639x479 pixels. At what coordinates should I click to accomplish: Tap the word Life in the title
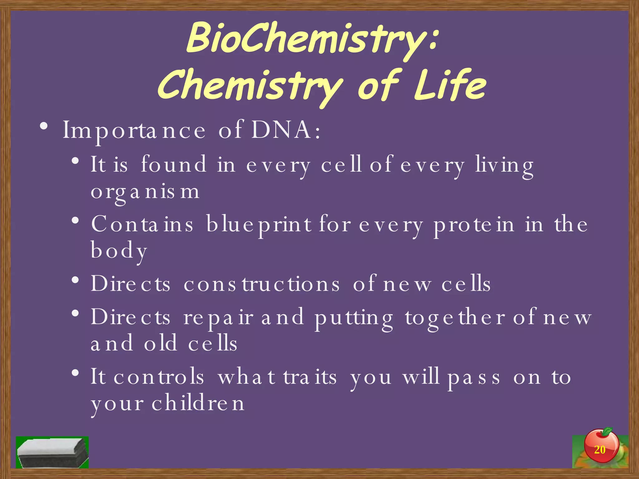pyautogui.click(x=450, y=85)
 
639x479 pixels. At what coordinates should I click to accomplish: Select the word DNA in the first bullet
pyautogui.click(x=281, y=130)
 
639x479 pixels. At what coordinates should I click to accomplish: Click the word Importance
pyautogui.click(x=134, y=130)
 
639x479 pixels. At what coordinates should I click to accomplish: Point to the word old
pyautogui.click(x=160, y=343)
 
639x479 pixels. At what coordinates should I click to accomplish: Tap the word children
pyautogui.click(x=198, y=403)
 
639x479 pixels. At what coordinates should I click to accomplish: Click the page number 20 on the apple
pyautogui.click(x=599, y=450)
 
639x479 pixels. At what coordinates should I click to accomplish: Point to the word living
pyautogui.click(x=504, y=166)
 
